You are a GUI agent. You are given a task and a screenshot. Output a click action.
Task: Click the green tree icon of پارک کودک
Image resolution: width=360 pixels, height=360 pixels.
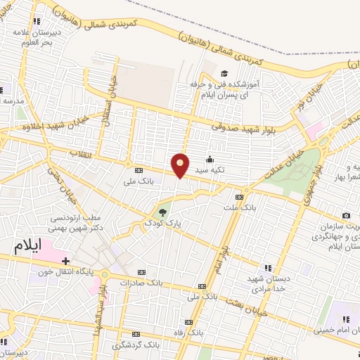coord(162,211)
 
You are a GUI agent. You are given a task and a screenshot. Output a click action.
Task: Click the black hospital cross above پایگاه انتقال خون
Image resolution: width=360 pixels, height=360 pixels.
coord(65,261)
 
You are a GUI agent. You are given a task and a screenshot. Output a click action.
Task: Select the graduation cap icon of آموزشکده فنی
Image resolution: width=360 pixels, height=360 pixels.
coord(224,73)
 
